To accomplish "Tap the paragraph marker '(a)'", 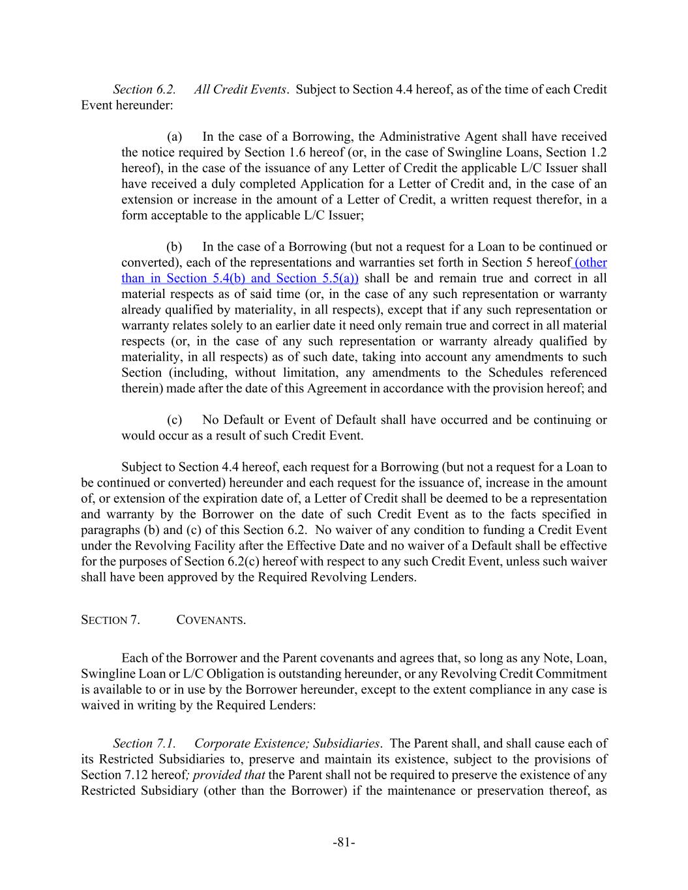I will pos(174,137).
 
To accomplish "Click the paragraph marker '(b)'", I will pos(174,247).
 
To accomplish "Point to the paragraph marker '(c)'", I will pos(174,420).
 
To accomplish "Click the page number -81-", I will pos(344,843).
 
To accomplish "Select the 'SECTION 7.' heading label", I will pos(110,619).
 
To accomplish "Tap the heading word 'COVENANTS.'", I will pos(211,619).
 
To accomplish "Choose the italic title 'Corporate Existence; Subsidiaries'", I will pos(287,743).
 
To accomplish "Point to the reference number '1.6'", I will pos(276,153).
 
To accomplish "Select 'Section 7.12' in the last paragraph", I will pos(111,775).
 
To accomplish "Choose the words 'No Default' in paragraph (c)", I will pos(230,420).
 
